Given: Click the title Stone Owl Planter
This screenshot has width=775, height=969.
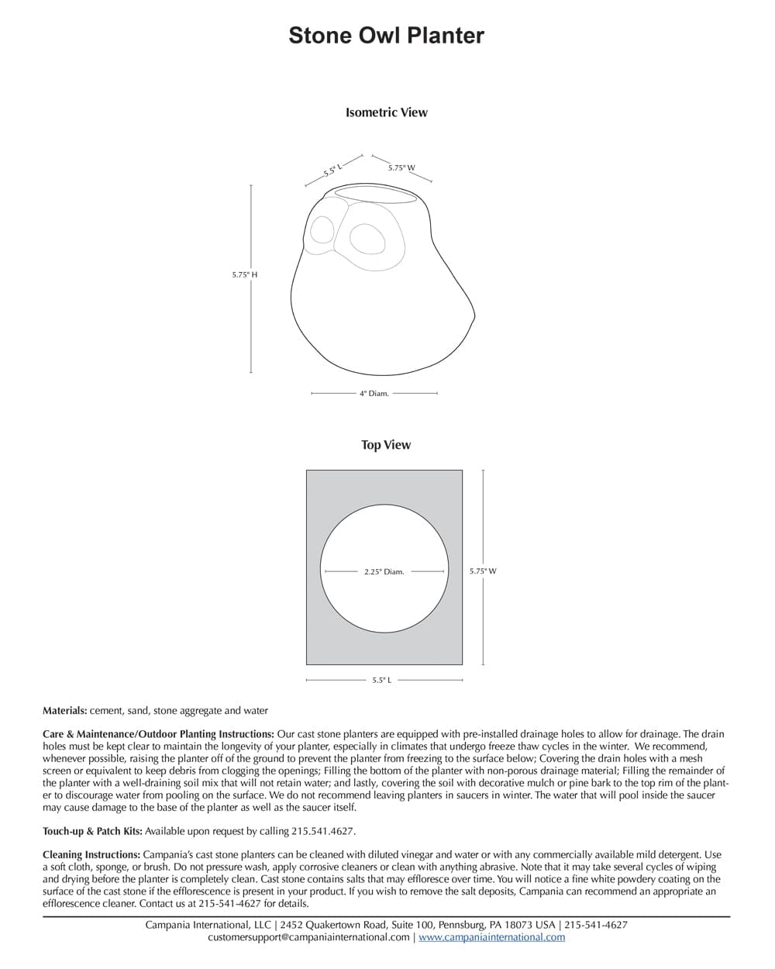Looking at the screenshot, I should pos(386,36).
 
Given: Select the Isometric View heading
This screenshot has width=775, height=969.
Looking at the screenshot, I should pos(386,112).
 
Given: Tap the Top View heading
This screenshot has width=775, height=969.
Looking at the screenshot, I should pos(386,445).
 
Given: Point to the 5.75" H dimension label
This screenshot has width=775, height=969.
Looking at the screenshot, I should pos(244,274).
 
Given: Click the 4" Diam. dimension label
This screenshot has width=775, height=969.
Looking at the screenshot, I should pos(374,394).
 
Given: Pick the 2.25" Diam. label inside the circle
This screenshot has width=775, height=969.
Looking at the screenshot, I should pos(384,572).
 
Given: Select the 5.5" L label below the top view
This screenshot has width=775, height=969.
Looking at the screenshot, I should pos(381,681).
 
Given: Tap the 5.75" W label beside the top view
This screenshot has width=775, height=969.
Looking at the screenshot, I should pos(483,571).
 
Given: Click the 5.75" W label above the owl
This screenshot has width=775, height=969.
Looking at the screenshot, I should pos(401,167).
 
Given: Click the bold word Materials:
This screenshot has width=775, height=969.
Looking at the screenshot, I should pos(65,710).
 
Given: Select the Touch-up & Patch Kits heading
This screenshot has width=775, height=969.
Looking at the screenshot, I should pos(92,831).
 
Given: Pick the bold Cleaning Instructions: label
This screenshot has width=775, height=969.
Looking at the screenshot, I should pos(91,854).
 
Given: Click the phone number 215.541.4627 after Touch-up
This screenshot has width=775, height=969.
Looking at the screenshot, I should pos(323,831).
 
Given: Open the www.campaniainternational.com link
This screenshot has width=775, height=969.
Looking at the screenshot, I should pos(491,937).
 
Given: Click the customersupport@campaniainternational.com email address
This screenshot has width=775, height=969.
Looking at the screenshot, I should pos(308,937).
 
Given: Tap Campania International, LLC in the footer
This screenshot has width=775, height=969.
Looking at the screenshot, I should pos(208,925).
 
